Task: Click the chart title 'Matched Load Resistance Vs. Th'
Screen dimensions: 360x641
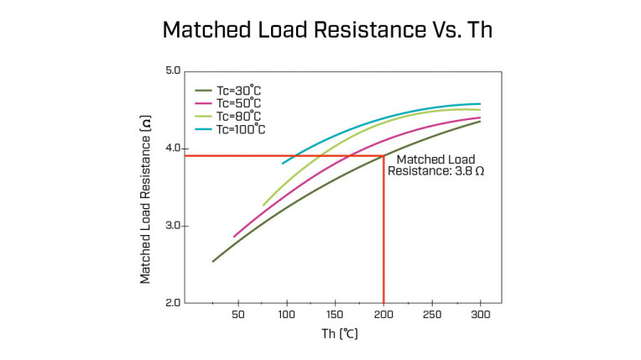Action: coord(320,30)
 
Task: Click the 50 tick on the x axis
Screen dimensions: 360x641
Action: coord(237,315)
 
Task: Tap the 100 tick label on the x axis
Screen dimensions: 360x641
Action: coord(286,315)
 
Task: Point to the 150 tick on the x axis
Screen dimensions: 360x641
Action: coord(335,315)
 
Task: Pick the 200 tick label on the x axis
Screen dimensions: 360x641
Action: coord(383,315)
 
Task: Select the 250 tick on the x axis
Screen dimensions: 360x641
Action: coord(431,315)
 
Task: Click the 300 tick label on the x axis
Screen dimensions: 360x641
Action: coord(480,315)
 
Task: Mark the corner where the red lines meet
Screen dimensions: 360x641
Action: coord(383,155)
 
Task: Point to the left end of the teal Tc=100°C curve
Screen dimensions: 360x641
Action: coord(283,162)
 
